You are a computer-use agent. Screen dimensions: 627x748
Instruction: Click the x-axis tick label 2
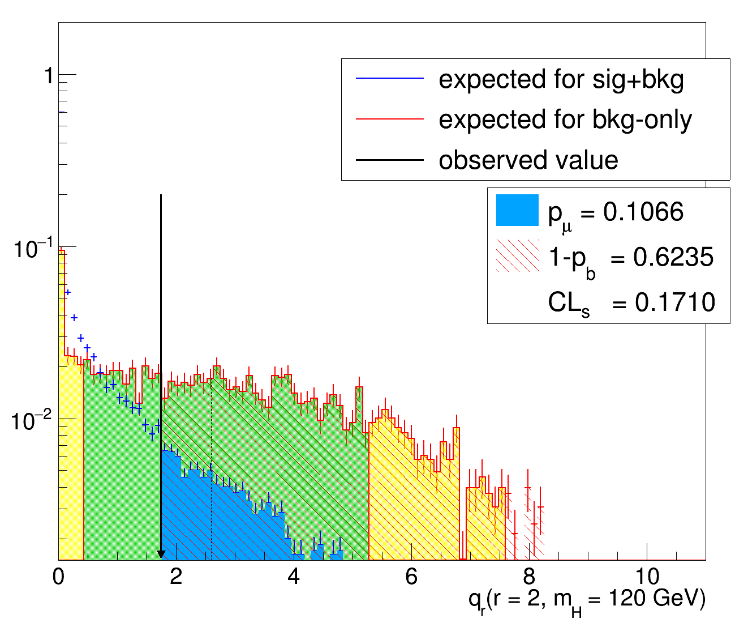[x=176, y=577]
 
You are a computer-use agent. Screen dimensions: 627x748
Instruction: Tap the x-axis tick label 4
[x=294, y=577]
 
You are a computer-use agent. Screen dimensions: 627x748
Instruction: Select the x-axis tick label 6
[x=411, y=577]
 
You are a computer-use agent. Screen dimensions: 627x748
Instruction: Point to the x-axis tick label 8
[x=529, y=577]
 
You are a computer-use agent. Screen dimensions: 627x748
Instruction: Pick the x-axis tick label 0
[x=58, y=577]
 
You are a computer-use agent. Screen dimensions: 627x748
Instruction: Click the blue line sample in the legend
[x=390, y=79]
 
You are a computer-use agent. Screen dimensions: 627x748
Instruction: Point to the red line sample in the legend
[x=390, y=120]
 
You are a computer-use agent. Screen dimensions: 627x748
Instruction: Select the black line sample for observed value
[x=390, y=160]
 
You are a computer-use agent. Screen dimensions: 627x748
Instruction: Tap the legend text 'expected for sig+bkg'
[x=561, y=79]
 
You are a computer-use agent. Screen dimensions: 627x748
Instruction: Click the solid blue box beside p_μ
[x=517, y=210]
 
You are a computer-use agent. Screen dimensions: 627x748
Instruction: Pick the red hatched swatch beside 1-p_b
[x=517, y=256]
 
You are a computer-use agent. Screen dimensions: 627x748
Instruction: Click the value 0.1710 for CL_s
[x=675, y=302]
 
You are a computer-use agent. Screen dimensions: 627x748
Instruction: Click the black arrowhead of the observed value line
[x=161, y=554]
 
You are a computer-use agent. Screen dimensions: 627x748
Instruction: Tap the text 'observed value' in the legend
[x=528, y=160]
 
